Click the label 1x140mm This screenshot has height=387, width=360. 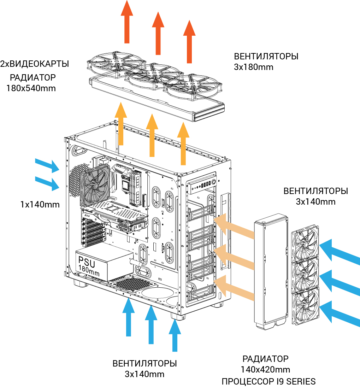click(x=40, y=204)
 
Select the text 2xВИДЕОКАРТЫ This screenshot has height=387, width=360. click(x=35, y=64)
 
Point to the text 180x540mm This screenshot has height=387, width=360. click(x=31, y=88)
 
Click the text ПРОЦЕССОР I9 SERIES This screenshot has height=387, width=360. click(x=268, y=382)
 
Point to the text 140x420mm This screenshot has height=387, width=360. click(x=266, y=370)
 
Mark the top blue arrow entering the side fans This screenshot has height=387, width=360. click(x=339, y=251)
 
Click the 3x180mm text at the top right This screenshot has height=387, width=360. click(x=254, y=67)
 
